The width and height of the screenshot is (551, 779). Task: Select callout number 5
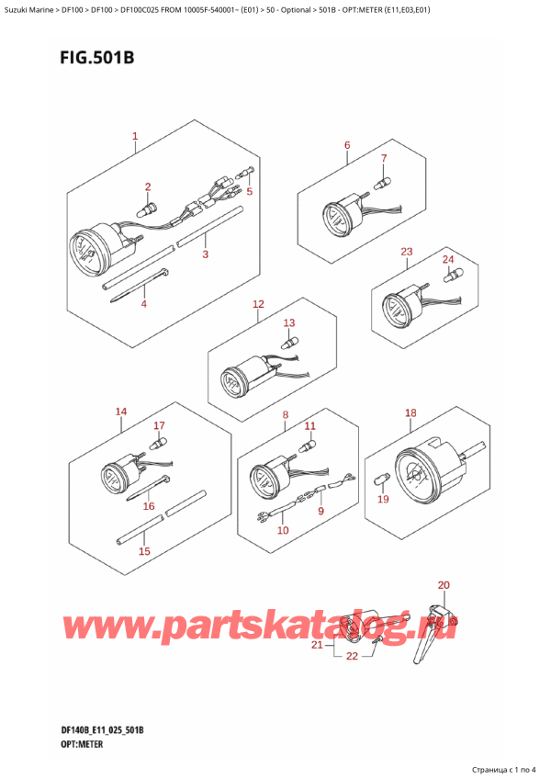248,191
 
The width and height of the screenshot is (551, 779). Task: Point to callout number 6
347,144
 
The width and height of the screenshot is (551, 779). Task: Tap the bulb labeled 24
449,274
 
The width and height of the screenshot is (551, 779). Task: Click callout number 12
258,304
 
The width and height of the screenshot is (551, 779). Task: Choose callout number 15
143,551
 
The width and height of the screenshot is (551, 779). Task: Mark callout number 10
282,531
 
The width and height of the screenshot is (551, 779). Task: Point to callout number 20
444,585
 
